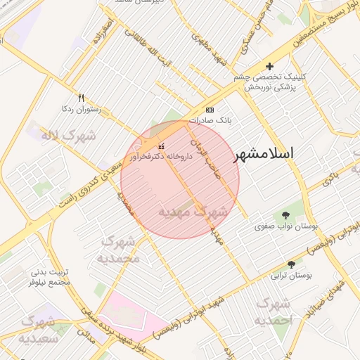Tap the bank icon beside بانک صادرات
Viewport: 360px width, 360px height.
pyautogui.click(x=210, y=110)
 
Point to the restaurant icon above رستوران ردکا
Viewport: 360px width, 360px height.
pyautogui.click(x=81, y=98)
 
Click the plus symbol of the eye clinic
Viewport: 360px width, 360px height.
pyautogui.click(x=270, y=66)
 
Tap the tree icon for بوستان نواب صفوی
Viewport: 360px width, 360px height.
pyautogui.click(x=285, y=215)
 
